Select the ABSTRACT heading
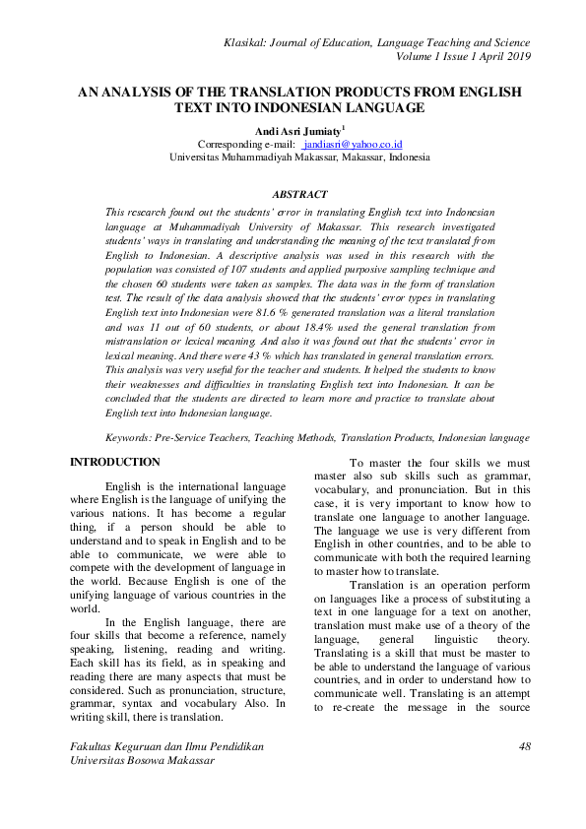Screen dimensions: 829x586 point(298,195)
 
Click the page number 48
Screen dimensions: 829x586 point(524,747)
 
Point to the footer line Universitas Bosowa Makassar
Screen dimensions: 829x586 point(136,761)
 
